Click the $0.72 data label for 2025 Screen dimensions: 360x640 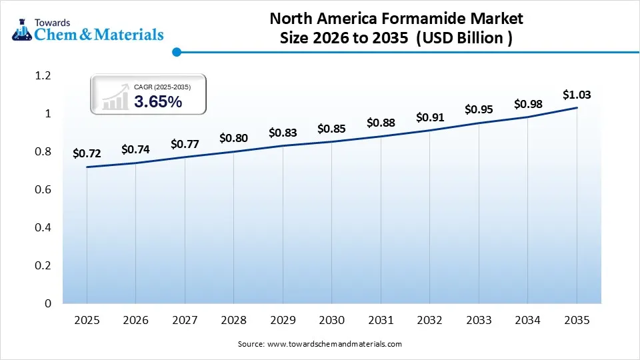click(x=87, y=154)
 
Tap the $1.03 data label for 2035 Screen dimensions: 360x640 click(x=577, y=95)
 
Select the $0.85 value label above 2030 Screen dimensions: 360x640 click(x=331, y=129)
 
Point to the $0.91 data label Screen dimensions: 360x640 click(x=429, y=117)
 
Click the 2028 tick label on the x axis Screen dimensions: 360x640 click(x=233, y=321)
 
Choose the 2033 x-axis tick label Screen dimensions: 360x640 click(x=479, y=321)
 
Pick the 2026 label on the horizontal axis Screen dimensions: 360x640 click(x=135, y=321)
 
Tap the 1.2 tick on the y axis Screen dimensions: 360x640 click(x=43, y=76)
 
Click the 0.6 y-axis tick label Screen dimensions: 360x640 click(x=43, y=190)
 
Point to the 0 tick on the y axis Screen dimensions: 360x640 click(x=47, y=303)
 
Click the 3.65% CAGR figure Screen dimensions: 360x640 click(x=157, y=102)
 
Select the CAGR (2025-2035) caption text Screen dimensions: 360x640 click(x=161, y=87)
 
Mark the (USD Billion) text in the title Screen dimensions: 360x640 click(x=464, y=38)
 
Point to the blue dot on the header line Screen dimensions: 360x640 click(x=176, y=51)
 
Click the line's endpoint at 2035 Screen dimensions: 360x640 click(x=577, y=108)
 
